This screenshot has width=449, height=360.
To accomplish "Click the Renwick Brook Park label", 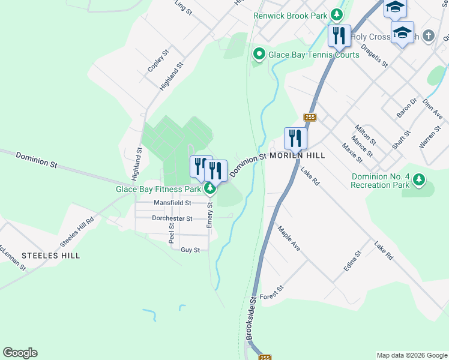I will click(291, 16).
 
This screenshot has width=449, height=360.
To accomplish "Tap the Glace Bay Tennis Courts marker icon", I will click(259, 55).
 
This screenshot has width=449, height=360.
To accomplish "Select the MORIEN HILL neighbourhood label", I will click(297, 155).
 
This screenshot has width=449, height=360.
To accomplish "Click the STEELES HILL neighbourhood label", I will click(50, 256).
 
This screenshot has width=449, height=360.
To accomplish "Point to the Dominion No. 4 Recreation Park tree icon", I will click(419, 179).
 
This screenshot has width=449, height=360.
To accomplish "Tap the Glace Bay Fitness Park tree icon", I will click(210, 190).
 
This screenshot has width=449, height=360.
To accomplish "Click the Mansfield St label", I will click(172, 203).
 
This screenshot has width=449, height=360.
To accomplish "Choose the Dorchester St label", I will click(172, 219).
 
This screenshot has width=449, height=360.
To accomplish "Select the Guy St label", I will click(190, 250).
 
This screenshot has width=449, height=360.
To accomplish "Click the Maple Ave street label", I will click(289, 238).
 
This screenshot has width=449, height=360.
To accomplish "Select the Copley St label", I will click(155, 61).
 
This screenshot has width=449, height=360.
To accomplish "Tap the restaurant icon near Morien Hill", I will click(295, 138).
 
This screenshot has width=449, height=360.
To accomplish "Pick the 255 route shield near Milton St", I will click(310, 118).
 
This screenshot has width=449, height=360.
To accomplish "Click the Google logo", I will click(20, 353).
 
